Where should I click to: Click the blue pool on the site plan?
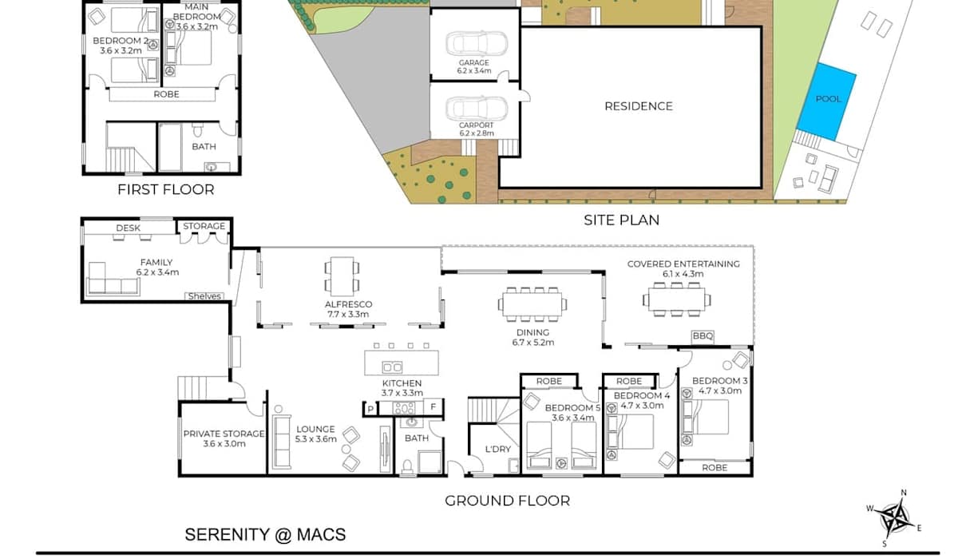coord(826,101)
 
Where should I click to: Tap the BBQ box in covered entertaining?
coord(703,336)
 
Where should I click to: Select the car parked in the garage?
coord(477,44)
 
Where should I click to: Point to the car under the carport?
coord(477,109)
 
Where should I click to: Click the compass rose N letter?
coord(904,493)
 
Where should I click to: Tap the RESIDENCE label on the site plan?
coord(639,106)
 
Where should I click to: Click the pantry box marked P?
coord(370,409)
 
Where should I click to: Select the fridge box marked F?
coord(433,406)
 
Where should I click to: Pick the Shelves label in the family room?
coord(204,296)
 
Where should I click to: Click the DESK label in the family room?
coord(128,228)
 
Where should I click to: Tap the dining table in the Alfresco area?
coord(342,276)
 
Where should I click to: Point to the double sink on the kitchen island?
coord(392,367)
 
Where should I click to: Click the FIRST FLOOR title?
coord(166,189)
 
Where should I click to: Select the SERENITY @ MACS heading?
coord(265,534)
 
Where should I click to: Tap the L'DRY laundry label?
coord(498,449)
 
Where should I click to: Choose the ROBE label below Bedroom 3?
coord(715,468)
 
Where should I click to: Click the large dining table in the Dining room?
coord(532,304)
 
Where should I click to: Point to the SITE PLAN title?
coord(621,220)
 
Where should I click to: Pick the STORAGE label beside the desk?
coord(204,226)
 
